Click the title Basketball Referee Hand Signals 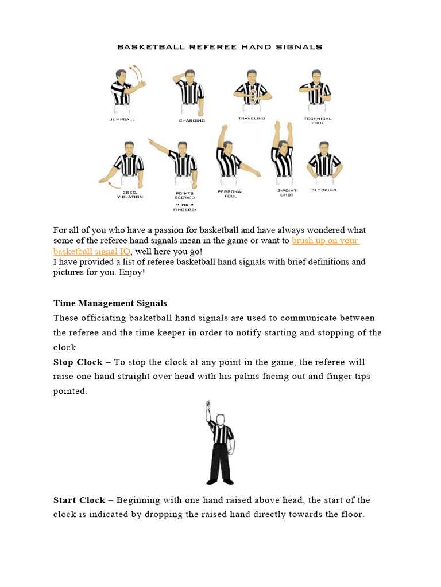[219, 47]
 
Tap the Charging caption [192, 120]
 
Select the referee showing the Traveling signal [252, 91]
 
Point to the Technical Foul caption [318, 120]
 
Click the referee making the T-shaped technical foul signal [315, 91]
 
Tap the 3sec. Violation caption [130, 194]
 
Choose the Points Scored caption [185, 195]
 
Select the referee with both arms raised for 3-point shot [283, 154]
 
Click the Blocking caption [323, 190]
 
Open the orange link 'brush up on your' [325, 241]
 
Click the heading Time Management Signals [110, 303]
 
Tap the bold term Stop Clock [78, 362]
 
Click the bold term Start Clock [79, 500]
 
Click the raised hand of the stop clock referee [208, 406]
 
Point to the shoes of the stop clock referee [220, 480]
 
